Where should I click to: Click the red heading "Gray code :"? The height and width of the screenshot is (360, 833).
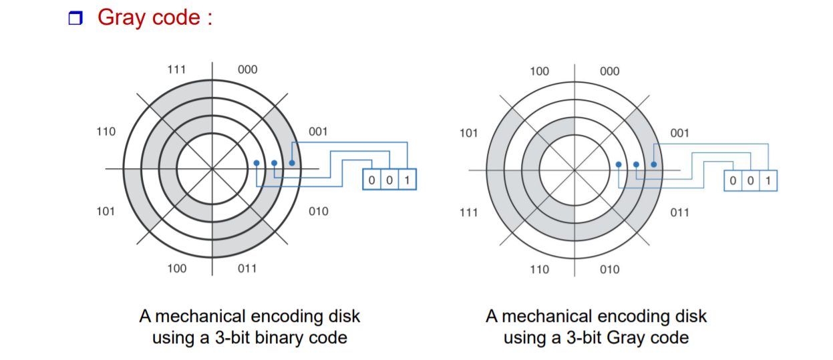click(155, 17)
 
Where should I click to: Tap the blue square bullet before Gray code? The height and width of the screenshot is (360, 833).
click(75, 19)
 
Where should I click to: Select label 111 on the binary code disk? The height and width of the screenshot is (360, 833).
click(177, 69)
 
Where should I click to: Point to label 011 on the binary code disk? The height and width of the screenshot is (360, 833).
click(247, 268)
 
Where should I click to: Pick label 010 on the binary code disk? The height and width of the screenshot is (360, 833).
click(319, 211)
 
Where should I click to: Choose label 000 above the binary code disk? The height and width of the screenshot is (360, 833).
click(247, 69)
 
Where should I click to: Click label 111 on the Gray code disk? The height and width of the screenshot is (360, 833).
click(468, 212)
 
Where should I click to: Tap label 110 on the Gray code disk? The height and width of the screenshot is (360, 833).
click(539, 269)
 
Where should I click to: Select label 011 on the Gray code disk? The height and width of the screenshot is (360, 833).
click(679, 212)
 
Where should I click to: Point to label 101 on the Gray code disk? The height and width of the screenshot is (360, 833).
click(468, 133)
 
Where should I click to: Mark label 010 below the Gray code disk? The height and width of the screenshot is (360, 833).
click(609, 269)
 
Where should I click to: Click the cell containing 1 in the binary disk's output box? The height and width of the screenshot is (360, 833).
click(407, 180)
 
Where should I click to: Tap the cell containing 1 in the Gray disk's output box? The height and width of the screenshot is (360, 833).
click(768, 181)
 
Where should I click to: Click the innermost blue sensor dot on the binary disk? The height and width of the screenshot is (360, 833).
click(257, 162)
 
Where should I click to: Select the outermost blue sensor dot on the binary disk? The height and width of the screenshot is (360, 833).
click(292, 162)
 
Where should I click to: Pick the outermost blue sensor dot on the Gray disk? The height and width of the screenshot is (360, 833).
click(653, 164)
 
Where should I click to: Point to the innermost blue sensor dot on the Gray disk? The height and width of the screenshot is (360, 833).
click(619, 164)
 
